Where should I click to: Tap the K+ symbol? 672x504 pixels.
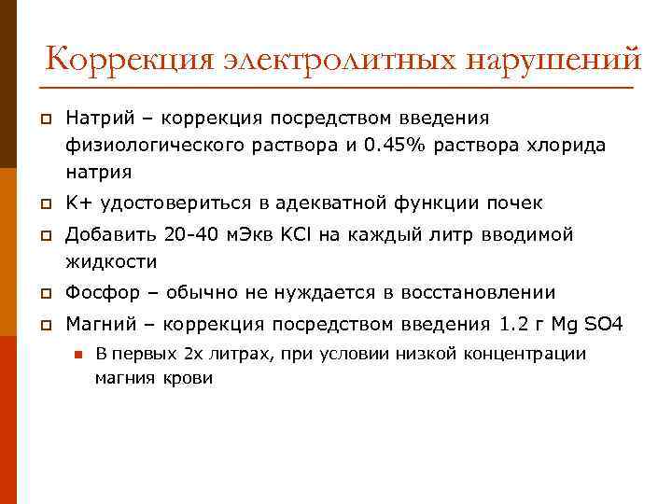pos(78,203)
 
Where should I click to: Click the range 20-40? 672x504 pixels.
pos(189,234)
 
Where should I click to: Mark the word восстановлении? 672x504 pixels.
pos(478,292)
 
